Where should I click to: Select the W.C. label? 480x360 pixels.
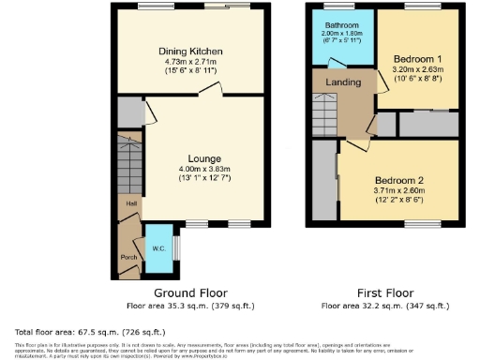coord(159,234)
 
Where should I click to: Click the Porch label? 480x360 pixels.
coord(128,256)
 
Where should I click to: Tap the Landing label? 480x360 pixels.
coord(343,82)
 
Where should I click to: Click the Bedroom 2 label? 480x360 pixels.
coord(400,179)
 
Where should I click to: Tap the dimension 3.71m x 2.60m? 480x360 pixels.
coord(400,190)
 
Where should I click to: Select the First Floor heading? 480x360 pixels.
coord(384,292)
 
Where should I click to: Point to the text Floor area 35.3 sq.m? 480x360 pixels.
coord(189,306)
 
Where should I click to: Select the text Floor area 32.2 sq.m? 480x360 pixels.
coord(384,306)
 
